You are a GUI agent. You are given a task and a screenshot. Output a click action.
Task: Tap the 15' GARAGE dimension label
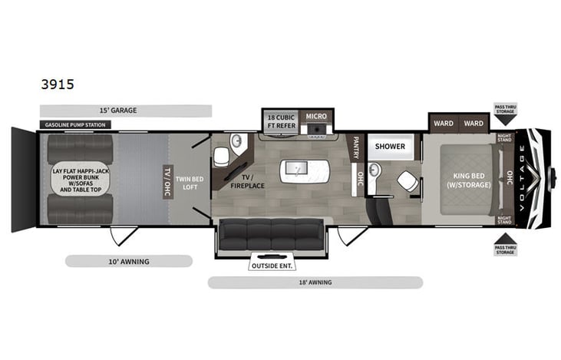pos(126,111)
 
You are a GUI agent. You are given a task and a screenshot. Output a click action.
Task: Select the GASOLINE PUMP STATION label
pos(75,124)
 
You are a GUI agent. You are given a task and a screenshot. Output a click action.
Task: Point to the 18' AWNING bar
pos(315,282)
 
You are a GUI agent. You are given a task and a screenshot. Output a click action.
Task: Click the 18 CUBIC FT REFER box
pos(279,121)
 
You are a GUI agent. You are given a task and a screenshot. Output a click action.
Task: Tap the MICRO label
pos(316,117)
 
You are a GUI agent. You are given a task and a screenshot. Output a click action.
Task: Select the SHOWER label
pos(390,146)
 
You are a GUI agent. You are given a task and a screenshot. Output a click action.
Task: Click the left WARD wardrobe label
pos(444,123)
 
